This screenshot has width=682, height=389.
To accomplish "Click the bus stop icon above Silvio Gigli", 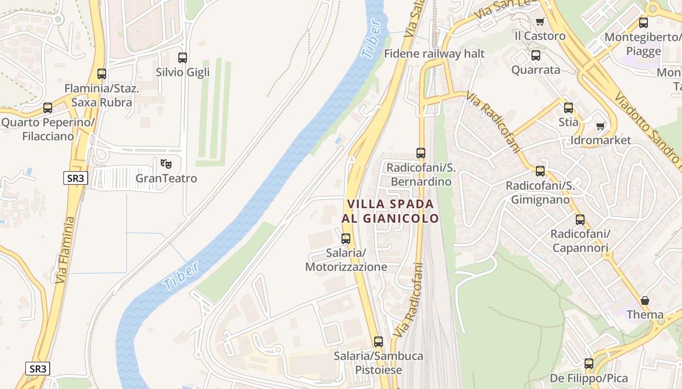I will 183,58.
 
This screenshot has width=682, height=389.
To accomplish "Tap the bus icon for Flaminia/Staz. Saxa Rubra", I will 101,74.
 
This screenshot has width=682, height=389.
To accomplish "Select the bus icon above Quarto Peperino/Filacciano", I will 48,108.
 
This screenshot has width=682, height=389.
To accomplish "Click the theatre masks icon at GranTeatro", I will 166,163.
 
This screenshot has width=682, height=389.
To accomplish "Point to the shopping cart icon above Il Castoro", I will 540,21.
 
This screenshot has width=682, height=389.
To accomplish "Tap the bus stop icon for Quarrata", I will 536,55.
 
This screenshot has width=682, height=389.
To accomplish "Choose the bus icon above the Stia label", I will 568,108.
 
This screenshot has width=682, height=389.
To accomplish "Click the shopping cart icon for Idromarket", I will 601,126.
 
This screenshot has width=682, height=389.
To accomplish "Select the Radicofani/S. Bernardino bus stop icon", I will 421,153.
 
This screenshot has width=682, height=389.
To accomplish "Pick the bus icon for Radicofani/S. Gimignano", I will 540,171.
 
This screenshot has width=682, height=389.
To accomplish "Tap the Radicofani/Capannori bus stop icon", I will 580,220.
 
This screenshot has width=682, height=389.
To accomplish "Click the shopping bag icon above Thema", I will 645,301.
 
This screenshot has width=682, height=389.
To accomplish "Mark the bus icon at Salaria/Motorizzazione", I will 346,239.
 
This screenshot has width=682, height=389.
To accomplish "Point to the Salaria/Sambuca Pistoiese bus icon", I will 379,342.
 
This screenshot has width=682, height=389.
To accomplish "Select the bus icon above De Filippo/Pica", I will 589,364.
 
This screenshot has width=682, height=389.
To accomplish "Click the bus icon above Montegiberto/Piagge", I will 644,23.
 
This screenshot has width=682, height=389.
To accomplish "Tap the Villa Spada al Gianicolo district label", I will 390,211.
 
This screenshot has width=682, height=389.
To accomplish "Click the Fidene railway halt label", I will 435,53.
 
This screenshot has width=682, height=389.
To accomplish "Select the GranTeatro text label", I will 166,178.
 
